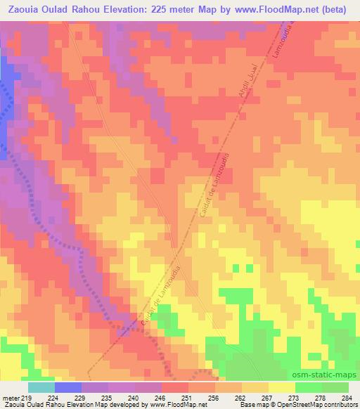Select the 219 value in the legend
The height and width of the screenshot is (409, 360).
point(27,397)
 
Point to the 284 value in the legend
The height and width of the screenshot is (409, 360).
point(346,397)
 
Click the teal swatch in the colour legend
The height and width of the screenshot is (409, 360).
point(41,387)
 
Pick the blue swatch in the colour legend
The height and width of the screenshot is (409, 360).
point(67,387)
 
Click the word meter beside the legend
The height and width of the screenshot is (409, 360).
point(11,397)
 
